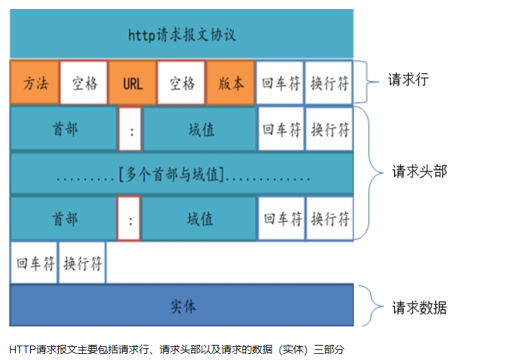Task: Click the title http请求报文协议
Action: [182, 34]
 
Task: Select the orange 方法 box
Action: [35, 83]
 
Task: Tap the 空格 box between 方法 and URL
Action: [84, 83]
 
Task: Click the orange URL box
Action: [133, 83]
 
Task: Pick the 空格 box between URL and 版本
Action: [182, 83]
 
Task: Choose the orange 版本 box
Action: [231, 83]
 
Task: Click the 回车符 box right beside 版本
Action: [280, 83]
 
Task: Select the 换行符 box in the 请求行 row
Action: [329, 83]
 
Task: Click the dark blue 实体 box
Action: [182, 306]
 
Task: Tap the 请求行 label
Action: [408, 80]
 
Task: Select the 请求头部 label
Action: [419, 171]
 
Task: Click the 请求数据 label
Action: [419, 307]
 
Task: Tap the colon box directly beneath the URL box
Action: [130, 129]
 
